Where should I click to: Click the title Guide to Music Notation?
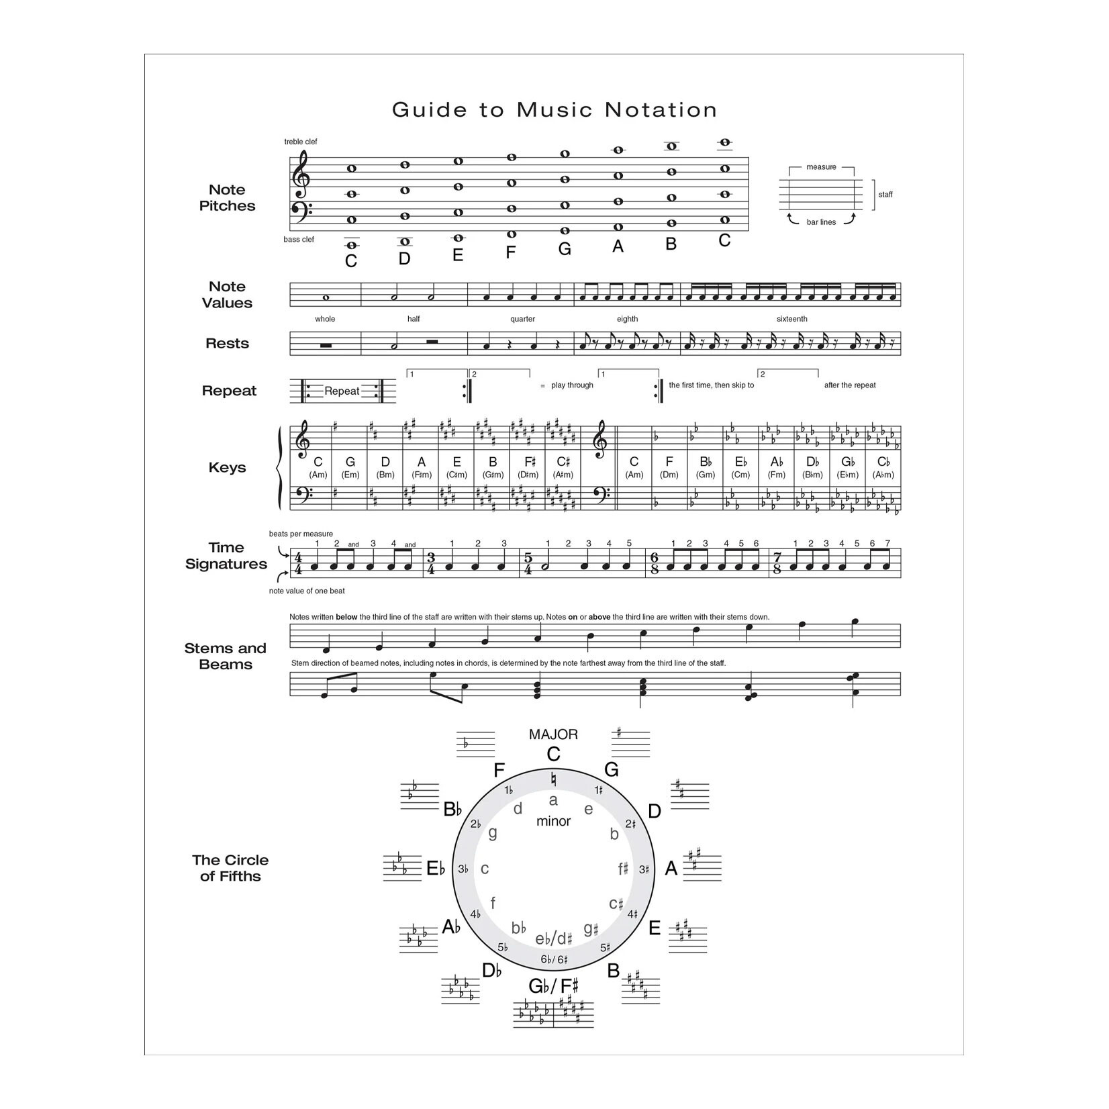pos(554,110)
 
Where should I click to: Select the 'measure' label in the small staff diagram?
pos(821,167)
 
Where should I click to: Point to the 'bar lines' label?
pos(821,222)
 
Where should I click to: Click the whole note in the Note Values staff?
pos(326,297)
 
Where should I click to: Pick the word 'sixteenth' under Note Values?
pos(791,319)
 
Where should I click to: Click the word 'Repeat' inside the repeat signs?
pos(342,391)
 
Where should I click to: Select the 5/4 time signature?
pos(528,564)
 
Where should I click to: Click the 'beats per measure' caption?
pos(301,534)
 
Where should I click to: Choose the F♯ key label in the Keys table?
pos(530,462)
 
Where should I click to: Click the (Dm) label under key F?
pos(669,475)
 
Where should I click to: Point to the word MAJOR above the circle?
pos(553,734)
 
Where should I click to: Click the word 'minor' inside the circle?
pos(553,821)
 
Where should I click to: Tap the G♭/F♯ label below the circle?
pos(553,986)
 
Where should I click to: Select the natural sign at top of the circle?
pos(553,779)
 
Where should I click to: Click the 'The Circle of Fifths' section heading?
pos(230,868)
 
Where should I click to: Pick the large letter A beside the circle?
pos(671,869)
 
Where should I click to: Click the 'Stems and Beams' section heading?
pos(226,657)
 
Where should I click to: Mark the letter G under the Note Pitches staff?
pos(565,250)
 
